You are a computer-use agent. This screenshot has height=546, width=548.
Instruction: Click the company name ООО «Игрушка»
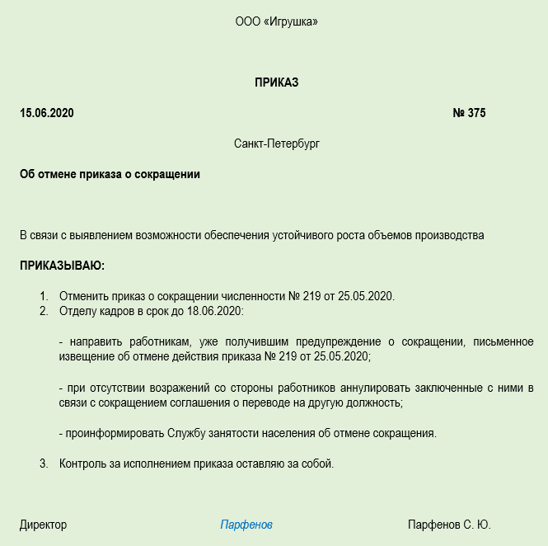coord(276,21)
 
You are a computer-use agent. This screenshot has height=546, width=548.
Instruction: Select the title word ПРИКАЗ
coord(276,82)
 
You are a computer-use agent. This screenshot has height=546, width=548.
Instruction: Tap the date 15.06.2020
coord(47,113)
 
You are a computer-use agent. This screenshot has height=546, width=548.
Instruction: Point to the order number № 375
coord(469,113)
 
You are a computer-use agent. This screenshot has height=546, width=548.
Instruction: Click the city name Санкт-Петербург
coord(276,144)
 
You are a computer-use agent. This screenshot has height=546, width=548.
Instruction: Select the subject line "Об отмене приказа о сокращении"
coord(110,174)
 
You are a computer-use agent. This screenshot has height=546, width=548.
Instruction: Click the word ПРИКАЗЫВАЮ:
coord(63,266)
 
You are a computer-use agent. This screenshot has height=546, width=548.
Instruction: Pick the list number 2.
coord(44,311)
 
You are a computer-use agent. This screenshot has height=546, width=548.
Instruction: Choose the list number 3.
coord(44,464)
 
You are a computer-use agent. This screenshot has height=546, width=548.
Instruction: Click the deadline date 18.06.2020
coord(216,311)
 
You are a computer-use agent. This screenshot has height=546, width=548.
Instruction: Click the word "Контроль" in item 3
coord(84,464)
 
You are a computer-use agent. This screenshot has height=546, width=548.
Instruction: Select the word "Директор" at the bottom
coord(44,525)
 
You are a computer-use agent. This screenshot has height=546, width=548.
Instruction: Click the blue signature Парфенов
coord(246,525)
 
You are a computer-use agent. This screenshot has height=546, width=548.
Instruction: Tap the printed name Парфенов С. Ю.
coord(449,525)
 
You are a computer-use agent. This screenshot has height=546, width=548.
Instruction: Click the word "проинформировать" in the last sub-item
coord(115,433)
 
